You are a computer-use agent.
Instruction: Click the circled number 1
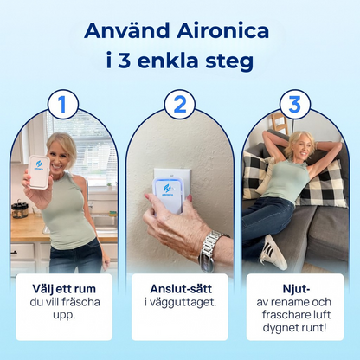[62, 105]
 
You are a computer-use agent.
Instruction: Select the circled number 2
[179, 105]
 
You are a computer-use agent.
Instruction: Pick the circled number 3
[294, 105]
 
